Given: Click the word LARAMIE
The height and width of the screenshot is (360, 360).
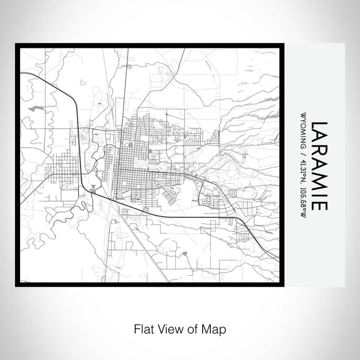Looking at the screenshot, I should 319,165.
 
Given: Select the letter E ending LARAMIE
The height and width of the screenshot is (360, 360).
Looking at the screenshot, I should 319,205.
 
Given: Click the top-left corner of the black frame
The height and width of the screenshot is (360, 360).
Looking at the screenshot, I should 16,44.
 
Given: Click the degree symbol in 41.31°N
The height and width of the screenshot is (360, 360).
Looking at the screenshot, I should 303,172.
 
